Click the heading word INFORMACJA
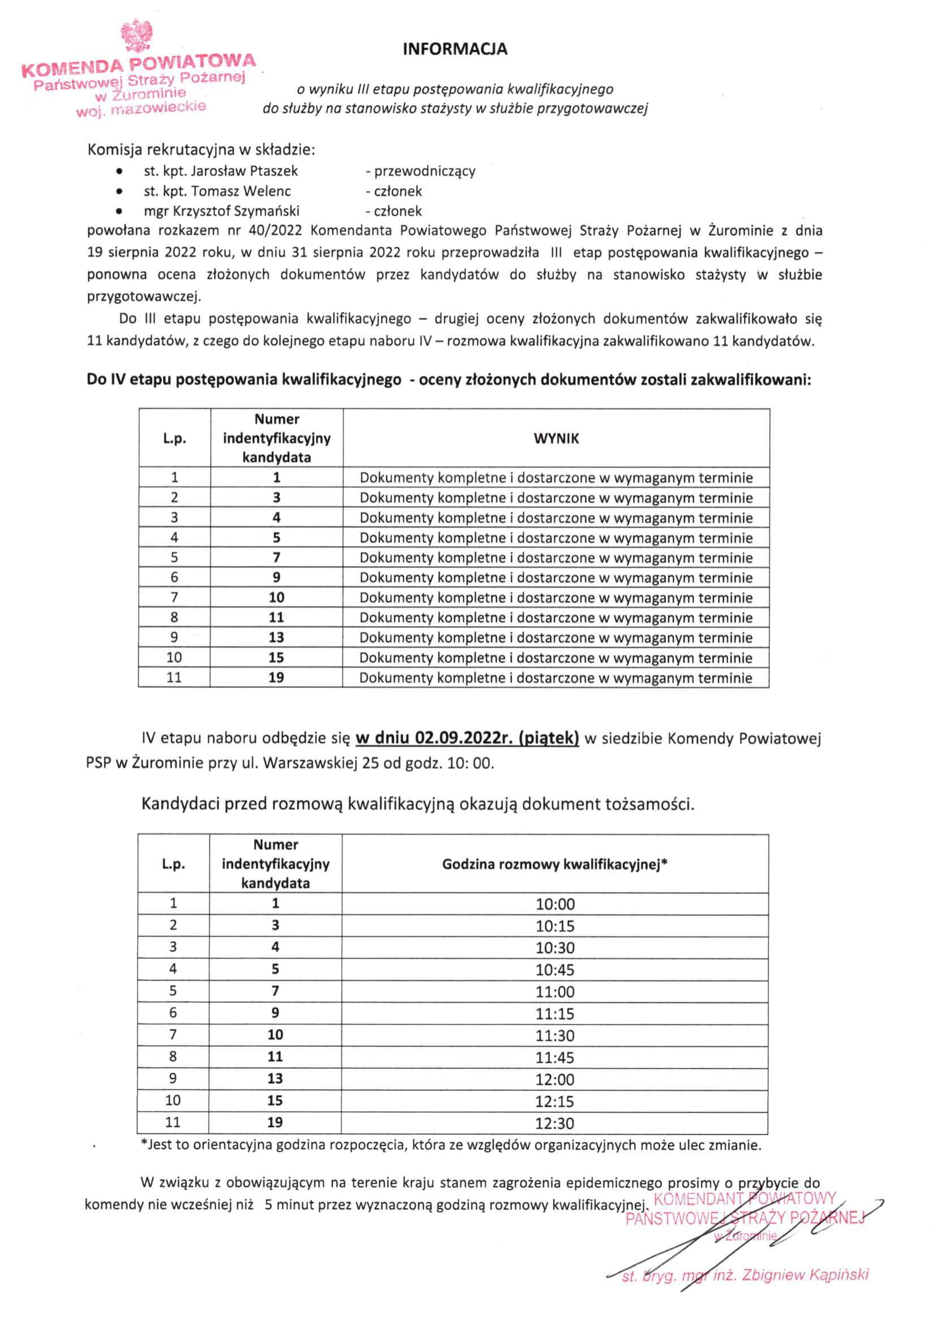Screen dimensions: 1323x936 coord(455,49)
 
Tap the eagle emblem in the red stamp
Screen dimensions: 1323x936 coord(136,36)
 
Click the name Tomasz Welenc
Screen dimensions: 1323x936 coord(241,191)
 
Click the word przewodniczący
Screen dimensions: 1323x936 coord(425,171)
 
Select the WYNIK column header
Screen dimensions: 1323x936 coord(556,439)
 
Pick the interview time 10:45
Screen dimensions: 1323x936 coord(555,970)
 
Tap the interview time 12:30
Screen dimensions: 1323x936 coord(555,1123)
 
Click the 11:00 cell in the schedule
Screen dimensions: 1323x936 coord(555,992)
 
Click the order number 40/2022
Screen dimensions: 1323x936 coord(276,231)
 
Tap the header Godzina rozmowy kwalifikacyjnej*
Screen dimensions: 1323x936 coord(554,864)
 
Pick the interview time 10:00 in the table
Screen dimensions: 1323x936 coord(555,904)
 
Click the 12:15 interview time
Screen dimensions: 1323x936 coord(555,1101)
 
